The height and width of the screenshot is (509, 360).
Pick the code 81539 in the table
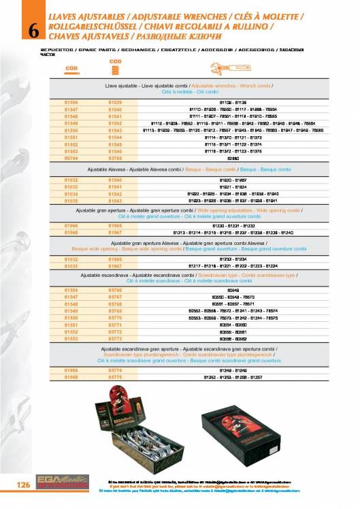click(115, 101)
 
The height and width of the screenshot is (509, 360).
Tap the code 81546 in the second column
click(115, 150)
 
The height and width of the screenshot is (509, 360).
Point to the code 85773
click(115, 338)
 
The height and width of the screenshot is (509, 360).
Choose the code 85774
click(115, 370)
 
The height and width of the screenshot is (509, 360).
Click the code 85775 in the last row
click(115, 376)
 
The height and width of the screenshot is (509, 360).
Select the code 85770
click(115, 316)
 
